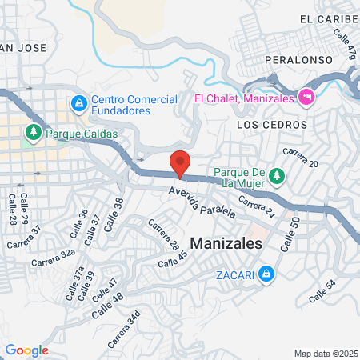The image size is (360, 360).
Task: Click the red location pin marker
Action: click(x=181, y=163)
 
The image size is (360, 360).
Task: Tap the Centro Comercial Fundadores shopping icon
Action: click(x=78, y=102)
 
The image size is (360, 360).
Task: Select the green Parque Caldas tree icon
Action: click(x=34, y=132)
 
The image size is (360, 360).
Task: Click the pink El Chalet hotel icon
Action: click(x=305, y=98)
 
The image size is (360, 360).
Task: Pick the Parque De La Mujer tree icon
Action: click(x=276, y=174)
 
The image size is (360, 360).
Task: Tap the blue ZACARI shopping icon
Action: click(x=267, y=277)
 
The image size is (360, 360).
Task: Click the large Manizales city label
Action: click(x=226, y=246)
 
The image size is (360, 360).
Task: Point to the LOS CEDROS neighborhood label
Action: click(x=272, y=125)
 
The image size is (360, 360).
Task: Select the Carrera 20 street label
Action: click(x=301, y=158)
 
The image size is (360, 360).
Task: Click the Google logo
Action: click(x=26, y=350)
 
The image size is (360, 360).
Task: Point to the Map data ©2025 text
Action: click(x=325, y=354)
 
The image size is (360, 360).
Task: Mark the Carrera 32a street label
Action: click(x=53, y=257)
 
